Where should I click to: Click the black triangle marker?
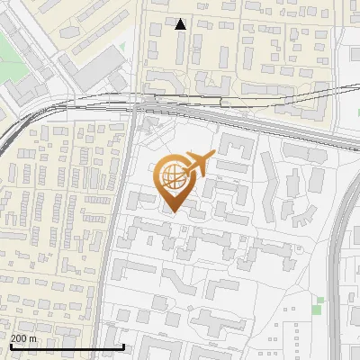(x=181, y=24)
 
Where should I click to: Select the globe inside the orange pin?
(x=174, y=181)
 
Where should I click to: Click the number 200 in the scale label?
(x=19, y=337)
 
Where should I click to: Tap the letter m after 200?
(x=33, y=337)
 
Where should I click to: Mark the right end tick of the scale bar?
(x=123, y=346)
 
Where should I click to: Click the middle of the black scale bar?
(x=66, y=347)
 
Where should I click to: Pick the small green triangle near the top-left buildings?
(x=121, y=46)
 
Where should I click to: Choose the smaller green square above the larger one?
(x=322, y=300)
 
